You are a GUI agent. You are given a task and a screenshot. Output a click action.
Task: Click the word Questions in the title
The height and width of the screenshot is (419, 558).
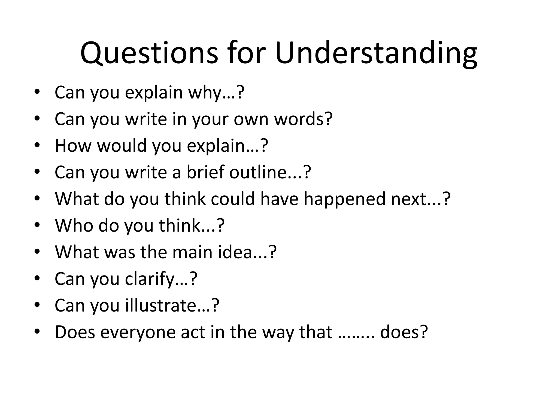pos(149,53)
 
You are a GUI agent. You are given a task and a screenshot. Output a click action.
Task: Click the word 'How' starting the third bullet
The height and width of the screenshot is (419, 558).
pos(73,145)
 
